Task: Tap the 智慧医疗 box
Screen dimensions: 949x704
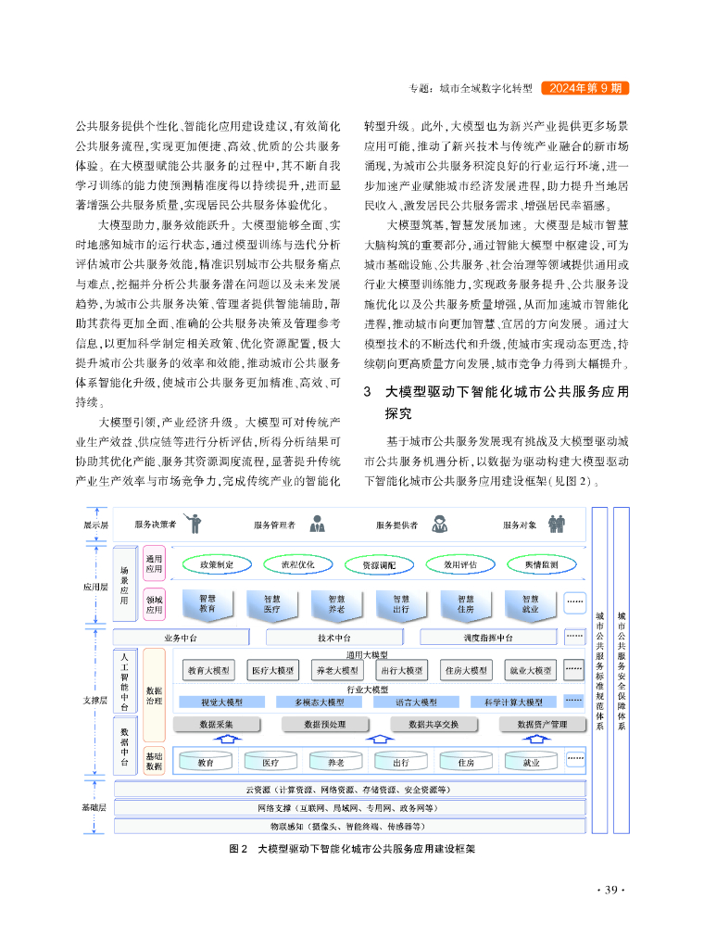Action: pos(272,604)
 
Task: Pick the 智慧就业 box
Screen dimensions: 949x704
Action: pos(530,604)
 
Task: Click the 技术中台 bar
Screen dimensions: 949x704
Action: pos(333,638)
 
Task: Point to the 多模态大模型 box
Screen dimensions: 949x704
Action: pos(313,702)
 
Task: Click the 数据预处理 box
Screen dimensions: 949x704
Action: pos(325,724)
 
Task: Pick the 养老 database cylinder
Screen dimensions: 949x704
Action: pos(335,763)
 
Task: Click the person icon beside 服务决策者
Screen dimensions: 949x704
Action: pos(193,524)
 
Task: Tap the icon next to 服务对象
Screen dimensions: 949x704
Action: pos(557,525)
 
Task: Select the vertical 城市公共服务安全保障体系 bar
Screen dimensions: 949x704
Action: pos(622,670)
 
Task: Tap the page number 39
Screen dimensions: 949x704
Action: pos(610,891)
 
